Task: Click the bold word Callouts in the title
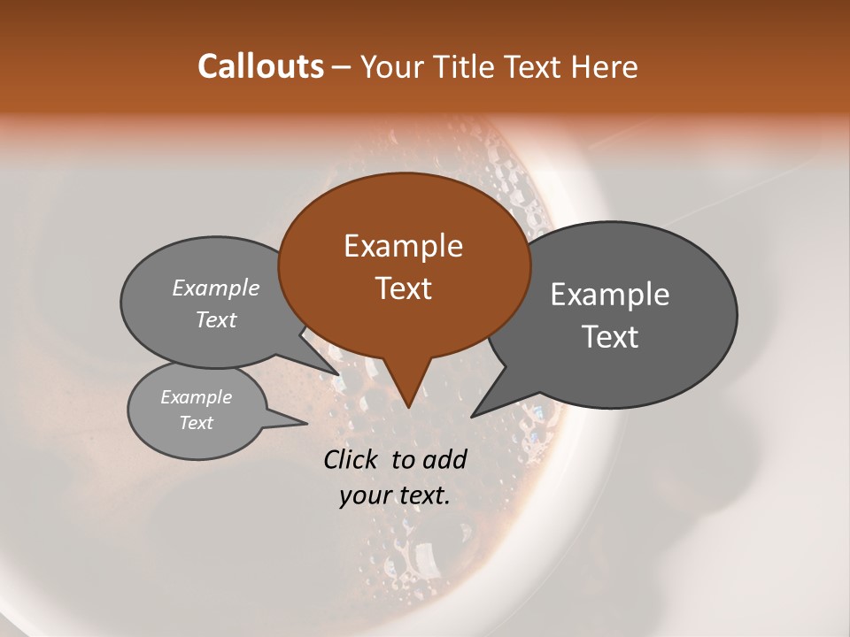point(260,66)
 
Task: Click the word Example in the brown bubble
point(403,246)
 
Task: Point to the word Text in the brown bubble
point(403,288)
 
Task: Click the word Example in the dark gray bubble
point(610,295)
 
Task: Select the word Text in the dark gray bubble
point(611,337)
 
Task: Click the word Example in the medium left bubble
point(216,288)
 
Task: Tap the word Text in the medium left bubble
point(216,320)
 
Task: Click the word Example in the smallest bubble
point(196,397)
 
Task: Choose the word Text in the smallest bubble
point(196,423)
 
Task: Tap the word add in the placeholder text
point(444,459)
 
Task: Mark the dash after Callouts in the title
point(342,67)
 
